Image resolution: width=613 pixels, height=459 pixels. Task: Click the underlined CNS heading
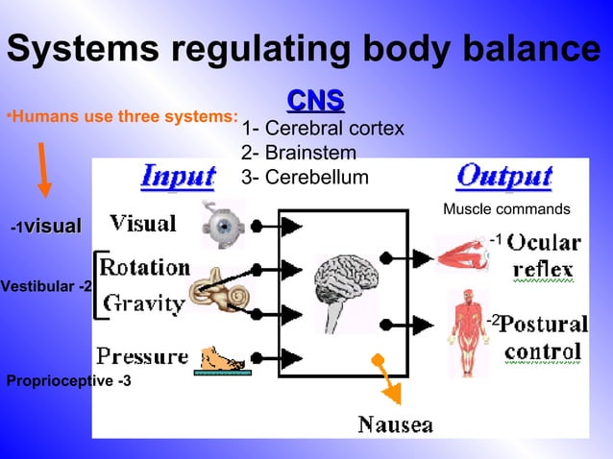[x=316, y=101]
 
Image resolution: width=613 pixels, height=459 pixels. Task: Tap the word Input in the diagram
[x=179, y=176]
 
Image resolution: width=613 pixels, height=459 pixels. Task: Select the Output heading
[x=504, y=176]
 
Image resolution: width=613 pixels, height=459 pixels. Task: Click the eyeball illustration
[x=223, y=225]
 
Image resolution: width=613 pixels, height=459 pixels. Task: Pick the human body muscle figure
[x=468, y=322]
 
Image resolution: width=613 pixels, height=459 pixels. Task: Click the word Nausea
[x=395, y=424]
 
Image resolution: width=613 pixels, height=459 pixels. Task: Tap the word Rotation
[x=145, y=266]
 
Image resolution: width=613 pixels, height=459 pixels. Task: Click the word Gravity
[x=144, y=303]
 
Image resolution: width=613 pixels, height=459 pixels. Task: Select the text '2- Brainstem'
[x=299, y=153]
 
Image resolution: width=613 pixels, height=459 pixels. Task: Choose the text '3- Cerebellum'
[x=305, y=177]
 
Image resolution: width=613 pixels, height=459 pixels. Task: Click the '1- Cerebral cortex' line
[x=323, y=129]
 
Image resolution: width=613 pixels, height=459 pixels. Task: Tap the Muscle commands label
[x=506, y=209]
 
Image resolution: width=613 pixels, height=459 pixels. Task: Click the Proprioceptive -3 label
[x=69, y=381]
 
